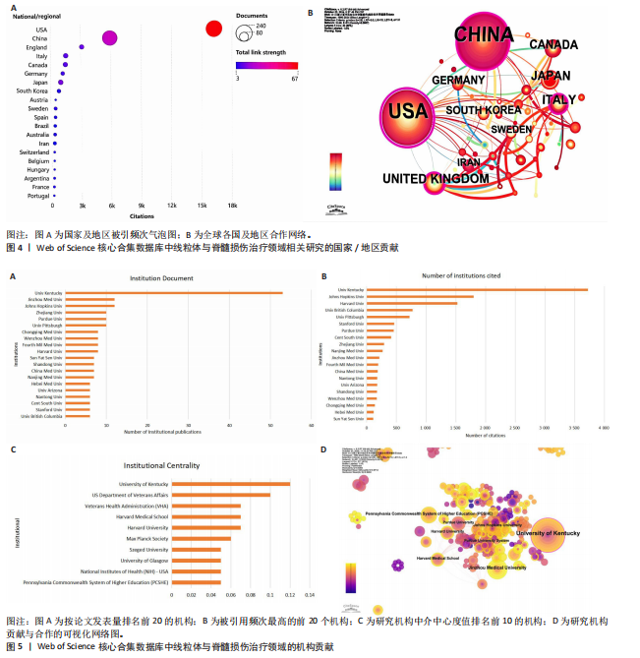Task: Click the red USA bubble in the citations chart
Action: pos(213,30)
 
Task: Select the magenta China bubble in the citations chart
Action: pos(109,38)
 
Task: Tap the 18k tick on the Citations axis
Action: pos(232,205)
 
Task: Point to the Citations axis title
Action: pos(143,215)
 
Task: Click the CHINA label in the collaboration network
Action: pos(483,35)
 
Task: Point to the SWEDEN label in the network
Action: pos(510,129)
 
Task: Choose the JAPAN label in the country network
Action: pos(550,76)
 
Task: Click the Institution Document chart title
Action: pos(170,278)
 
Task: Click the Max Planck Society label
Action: pos(145,538)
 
